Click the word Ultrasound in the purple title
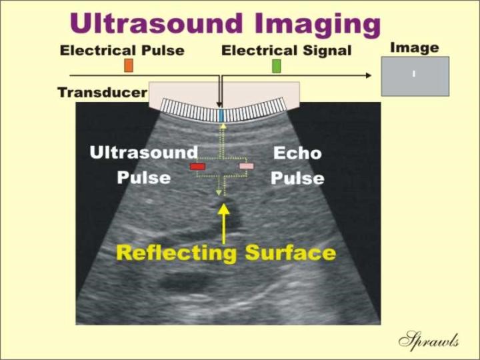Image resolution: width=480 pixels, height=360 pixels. coord(156,23)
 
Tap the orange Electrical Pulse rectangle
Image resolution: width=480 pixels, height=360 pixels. coord(129,65)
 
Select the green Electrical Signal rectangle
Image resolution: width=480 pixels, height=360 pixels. coord(277,66)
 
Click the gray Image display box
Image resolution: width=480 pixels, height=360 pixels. coord(415,76)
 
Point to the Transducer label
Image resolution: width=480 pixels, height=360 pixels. coord(103,92)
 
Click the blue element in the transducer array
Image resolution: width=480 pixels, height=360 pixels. coord(221,115)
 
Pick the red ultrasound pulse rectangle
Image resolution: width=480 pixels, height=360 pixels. coord(197,166)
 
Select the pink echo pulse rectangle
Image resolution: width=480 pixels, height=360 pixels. coord(247,166)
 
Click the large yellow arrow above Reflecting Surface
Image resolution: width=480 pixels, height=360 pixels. coord(224,223)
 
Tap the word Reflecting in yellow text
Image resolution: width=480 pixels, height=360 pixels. coord(177,254)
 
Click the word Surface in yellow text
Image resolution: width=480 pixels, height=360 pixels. coord(291,253)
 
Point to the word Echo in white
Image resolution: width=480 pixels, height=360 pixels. coord(297,153)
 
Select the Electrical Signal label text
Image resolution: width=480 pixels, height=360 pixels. coord(287,51)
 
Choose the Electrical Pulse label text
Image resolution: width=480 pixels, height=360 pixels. coord(122,51)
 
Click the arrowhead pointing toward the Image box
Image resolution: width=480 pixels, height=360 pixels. coord(369,75)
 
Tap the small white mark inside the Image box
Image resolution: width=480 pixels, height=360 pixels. coord(414,73)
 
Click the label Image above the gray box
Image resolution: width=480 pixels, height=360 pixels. coord(415,48)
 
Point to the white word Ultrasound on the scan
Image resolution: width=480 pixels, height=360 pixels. coord(144,153)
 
